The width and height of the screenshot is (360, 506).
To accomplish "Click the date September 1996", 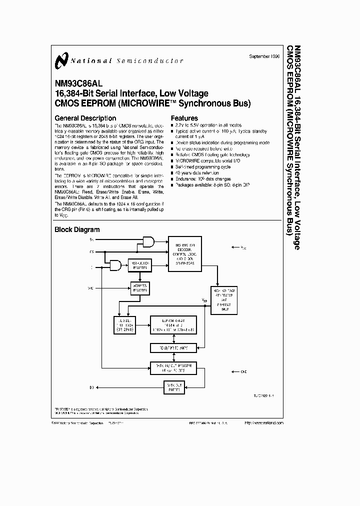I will coord(264,56).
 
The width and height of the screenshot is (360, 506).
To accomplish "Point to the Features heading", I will coord(184,118).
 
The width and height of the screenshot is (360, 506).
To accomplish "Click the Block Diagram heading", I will coord(77,229).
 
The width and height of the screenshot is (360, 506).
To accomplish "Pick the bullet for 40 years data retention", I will coord(173,172).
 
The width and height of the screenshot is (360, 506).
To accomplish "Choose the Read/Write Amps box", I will coord(173,347).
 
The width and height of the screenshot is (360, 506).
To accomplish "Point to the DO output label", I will coord(91,386).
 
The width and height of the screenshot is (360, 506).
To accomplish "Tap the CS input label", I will coord(91,252).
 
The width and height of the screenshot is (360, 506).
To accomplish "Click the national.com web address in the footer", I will coord(264,422).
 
